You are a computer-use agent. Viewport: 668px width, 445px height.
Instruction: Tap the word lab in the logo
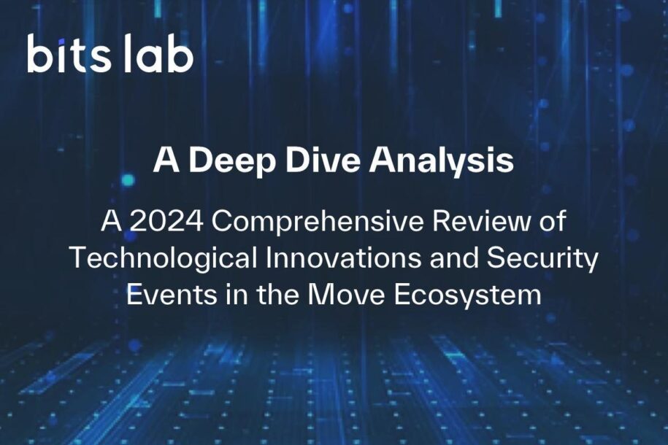(158, 54)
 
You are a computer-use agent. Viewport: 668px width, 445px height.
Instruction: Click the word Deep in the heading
(231, 160)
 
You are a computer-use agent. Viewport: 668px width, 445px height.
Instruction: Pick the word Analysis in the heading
(442, 160)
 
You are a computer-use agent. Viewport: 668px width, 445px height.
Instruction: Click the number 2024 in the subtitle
(166, 222)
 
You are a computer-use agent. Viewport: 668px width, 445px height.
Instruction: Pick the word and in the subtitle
(453, 258)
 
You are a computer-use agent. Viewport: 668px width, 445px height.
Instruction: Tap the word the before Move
(277, 294)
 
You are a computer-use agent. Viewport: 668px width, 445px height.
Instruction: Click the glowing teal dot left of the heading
(127, 180)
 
